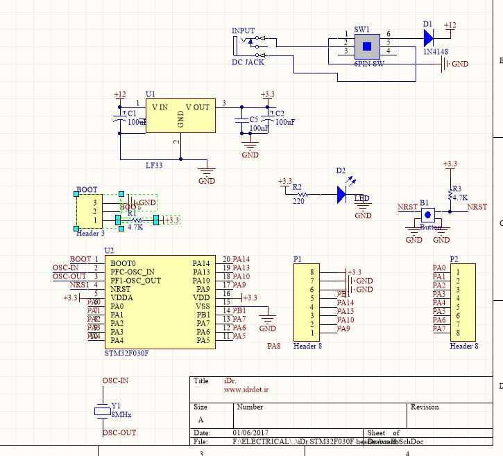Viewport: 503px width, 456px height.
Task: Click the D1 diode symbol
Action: [429, 37]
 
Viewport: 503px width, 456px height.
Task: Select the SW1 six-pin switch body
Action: [367, 46]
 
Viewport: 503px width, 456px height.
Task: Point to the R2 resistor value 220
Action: [298, 202]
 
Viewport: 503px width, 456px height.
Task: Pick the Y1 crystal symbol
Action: [102, 411]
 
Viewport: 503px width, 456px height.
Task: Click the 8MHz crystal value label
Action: [121, 414]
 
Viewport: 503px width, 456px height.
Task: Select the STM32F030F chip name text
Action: [126, 353]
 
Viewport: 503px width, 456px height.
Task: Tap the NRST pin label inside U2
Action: [121, 289]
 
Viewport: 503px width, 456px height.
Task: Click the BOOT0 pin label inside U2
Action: [123, 263]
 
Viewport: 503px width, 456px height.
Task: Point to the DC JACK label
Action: [248, 62]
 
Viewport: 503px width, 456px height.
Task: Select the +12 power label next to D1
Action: [450, 26]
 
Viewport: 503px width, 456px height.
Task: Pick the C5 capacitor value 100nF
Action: [259, 128]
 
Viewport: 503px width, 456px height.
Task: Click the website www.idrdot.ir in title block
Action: [246, 389]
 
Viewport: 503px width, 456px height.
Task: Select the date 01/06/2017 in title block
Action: [251, 432]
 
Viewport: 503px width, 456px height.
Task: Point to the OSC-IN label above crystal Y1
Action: [115, 380]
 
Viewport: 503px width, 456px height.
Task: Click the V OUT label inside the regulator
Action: [197, 107]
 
